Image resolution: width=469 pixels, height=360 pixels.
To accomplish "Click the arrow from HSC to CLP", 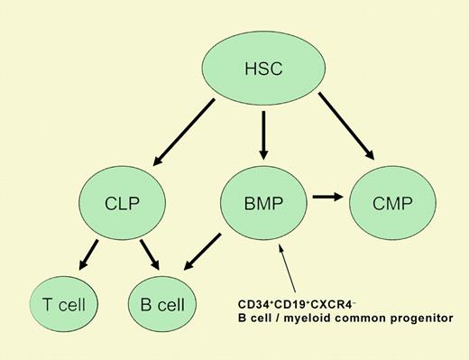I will pyautogui.click(x=184, y=130).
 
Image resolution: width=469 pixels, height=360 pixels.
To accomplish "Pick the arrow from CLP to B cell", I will pyautogui.click(x=145, y=252).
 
